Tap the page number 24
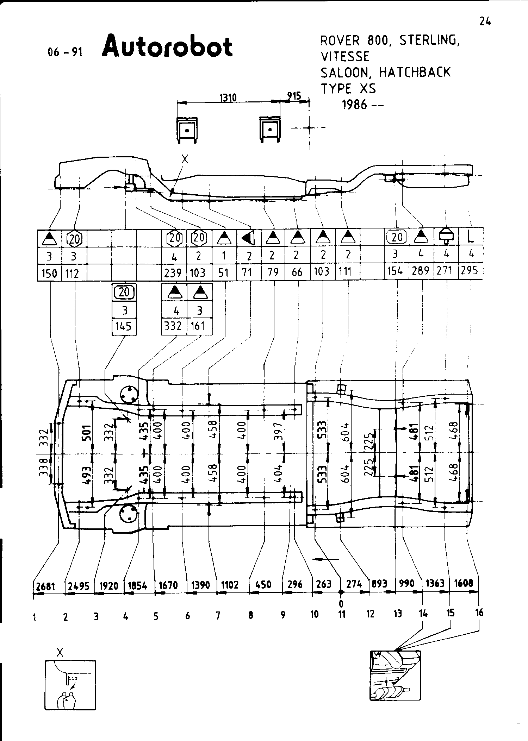pos(485,22)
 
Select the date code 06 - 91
pos(65,52)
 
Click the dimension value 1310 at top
pos(228,98)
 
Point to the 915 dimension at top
pos(294,96)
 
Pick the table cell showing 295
pos(470,270)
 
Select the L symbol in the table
pos(470,237)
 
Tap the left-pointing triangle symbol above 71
pos(248,239)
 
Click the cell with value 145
pos(124,326)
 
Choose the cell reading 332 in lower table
pos(173,326)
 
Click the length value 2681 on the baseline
pos(46,586)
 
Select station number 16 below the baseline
pos(479,613)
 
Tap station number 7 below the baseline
pos(218,615)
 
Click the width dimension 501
pos(87,433)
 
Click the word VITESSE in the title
pos(345,56)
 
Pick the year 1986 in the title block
pos(355,105)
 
